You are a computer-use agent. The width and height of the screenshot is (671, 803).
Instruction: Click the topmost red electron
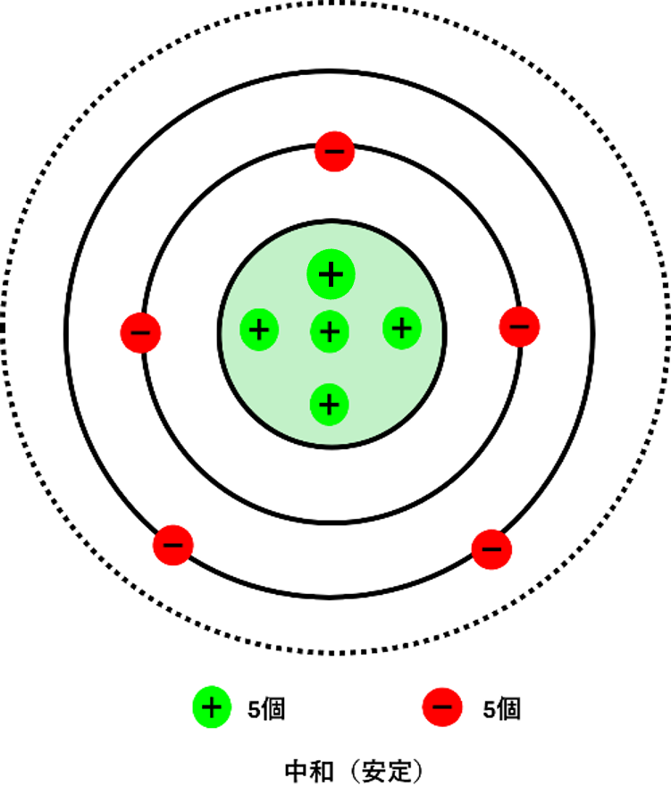click(334, 152)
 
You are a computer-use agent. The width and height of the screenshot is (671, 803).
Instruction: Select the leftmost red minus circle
click(140, 333)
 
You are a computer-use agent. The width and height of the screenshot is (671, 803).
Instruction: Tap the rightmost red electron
click(519, 327)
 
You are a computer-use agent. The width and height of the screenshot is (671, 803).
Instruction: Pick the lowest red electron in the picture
click(442, 707)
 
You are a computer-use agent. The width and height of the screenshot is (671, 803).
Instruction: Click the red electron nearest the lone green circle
click(173, 545)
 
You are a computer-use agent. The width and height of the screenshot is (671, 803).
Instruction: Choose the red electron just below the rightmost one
click(491, 549)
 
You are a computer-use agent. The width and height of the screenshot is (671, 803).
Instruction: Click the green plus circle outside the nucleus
click(212, 707)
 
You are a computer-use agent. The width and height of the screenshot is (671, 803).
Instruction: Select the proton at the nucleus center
click(330, 332)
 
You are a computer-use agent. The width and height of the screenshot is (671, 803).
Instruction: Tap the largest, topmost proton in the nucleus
click(331, 274)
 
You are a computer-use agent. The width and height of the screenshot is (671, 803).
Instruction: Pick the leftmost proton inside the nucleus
click(259, 330)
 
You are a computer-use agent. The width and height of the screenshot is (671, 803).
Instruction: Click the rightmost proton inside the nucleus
click(402, 329)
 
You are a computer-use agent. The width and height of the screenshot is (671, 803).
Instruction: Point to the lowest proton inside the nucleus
click(329, 405)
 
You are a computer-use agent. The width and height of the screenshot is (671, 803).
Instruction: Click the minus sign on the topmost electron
click(334, 152)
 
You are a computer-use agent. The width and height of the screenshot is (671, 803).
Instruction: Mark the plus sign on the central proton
click(330, 332)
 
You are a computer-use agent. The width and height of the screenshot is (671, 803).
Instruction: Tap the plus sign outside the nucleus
click(212, 707)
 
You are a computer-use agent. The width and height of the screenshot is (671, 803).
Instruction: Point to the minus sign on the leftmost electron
click(140, 333)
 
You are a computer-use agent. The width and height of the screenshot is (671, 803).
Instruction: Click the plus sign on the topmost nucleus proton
click(331, 274)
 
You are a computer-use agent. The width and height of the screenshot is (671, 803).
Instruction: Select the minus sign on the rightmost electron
click(519, 327)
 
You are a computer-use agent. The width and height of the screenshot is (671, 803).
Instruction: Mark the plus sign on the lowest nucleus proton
click(329, 405)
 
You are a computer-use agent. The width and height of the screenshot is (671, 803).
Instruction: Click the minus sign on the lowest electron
click(442, 707)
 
